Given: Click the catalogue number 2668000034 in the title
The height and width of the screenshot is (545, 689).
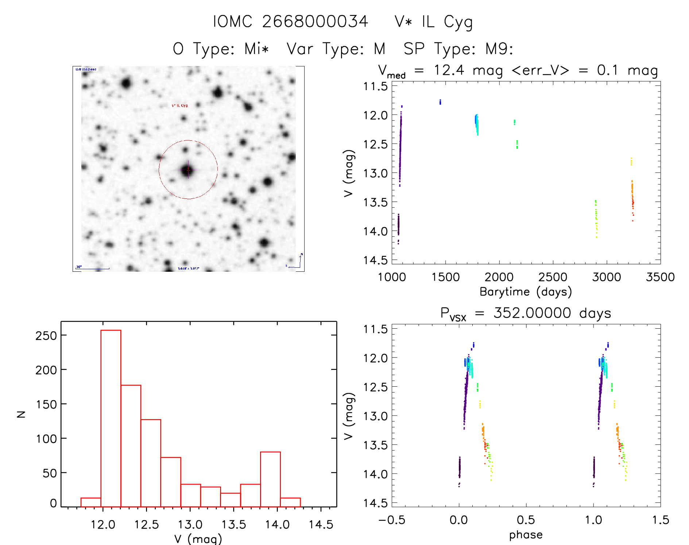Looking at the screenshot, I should click(x=315, y=22).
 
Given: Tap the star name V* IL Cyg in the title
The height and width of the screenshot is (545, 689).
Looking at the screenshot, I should click(x=434, y=22).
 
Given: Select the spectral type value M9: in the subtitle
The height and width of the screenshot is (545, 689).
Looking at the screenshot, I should click(x=499, y=49).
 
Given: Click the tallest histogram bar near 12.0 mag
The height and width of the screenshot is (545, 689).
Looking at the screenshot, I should click(x=111, y=418).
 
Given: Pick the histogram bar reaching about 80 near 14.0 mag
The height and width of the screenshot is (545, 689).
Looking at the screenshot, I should click(x=270, y=479).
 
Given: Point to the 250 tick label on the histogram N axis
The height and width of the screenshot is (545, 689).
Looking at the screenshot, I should click(x=46, y=335).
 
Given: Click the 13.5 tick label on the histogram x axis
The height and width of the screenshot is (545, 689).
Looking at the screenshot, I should click(x=234, y=525).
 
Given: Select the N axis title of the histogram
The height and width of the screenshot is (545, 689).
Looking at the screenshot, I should click(x=22, y=414).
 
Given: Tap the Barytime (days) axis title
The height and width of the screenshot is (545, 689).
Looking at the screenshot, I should click(x=526, y=292).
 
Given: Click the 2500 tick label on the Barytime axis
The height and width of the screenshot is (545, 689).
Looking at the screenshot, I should click(x=553, y=277).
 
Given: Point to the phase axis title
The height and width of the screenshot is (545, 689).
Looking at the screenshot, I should click(x=526, y=535).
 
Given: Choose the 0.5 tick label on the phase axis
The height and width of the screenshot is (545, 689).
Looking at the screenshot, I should click(x=526, y=520).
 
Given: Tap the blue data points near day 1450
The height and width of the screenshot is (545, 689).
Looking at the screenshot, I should click(x=440, y=102).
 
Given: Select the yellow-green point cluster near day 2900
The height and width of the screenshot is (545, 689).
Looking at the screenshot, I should click(x=596, y=218).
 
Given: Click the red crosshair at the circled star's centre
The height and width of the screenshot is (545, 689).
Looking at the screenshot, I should click(x=188, y=169).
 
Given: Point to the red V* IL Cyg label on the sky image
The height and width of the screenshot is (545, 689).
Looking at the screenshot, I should click(x=180, y=105).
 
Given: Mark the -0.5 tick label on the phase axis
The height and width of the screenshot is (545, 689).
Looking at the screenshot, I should click(x=392, y=520).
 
